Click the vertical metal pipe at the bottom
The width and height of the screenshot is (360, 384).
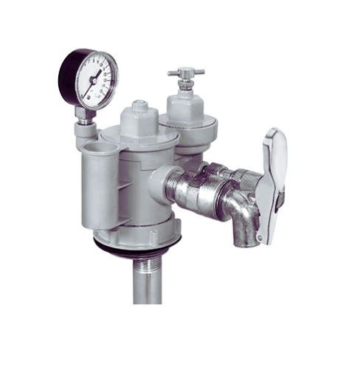pos(147,288)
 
